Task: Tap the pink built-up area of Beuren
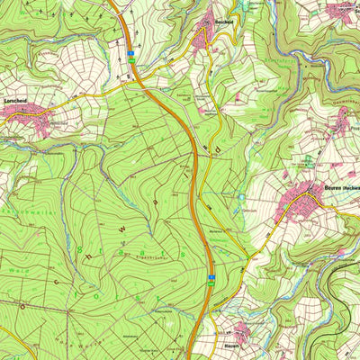pos(306,202)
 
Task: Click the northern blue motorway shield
pos(130,53)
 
